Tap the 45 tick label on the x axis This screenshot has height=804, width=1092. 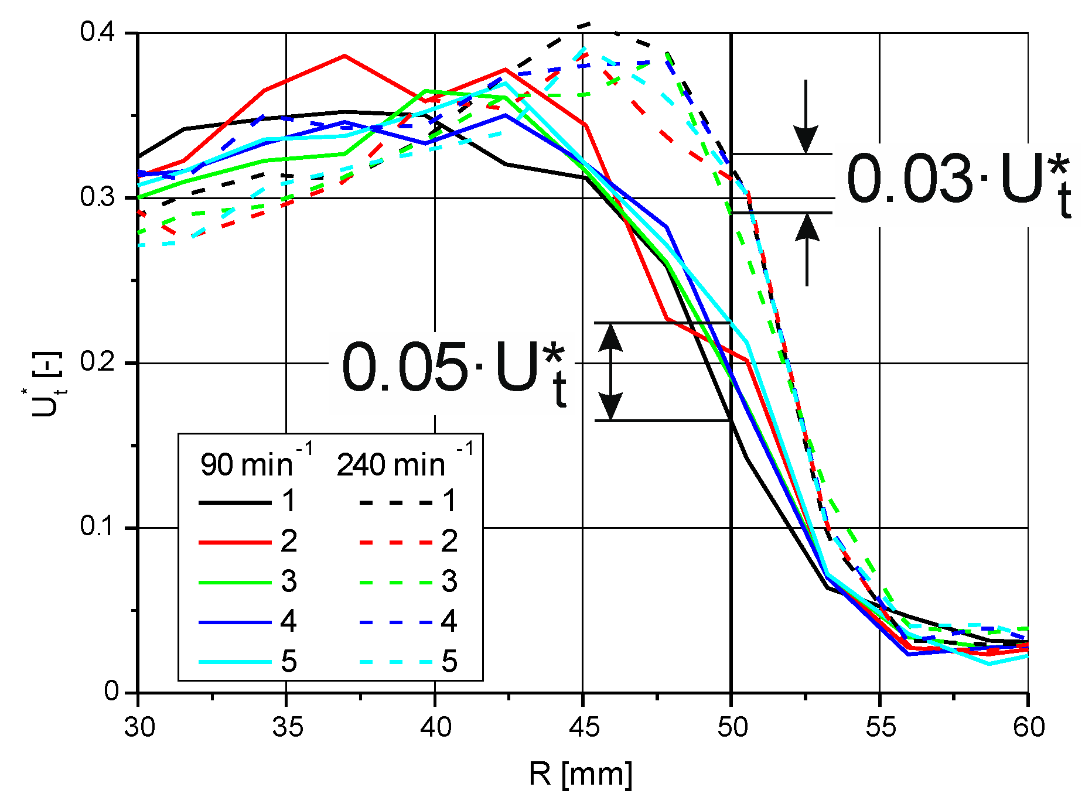pos(583,727)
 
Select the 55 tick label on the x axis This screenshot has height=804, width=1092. pos(880,727)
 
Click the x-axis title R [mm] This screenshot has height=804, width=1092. pos(580,774)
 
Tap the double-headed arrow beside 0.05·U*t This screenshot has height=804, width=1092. pos(610,371)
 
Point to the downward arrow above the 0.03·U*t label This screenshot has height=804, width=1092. pos(806,117)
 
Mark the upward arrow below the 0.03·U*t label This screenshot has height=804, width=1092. pos(807,249)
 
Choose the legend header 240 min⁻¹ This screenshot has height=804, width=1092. pos(404,464)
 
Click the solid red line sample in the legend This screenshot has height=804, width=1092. pos(234,542)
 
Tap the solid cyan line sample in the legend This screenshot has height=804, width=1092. pos(234,662)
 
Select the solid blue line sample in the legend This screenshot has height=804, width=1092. pos(234,622)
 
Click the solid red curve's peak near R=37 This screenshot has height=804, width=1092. pos(345,56)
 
